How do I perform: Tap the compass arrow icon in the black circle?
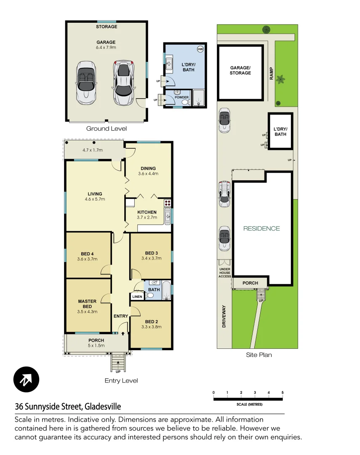pos(26,380)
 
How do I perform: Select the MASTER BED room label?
pos(87,304)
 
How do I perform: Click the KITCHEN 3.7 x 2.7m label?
pos(147,215)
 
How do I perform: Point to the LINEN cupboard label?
pos(137,297)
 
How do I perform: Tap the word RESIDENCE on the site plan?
pos(261,228)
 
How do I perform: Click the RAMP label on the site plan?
pos(271,73)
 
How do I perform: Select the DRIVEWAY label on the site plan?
pos(224,316)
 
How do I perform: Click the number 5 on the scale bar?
pos(283,393)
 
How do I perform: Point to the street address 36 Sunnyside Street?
pos(68,407)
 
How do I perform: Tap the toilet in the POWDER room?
pos(184,101)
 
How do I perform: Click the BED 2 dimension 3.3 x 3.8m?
pos(151,327)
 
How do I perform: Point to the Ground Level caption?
pos(106,128)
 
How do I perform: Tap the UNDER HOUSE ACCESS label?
pos(224,273)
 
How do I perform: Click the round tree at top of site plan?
pos(266,29)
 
